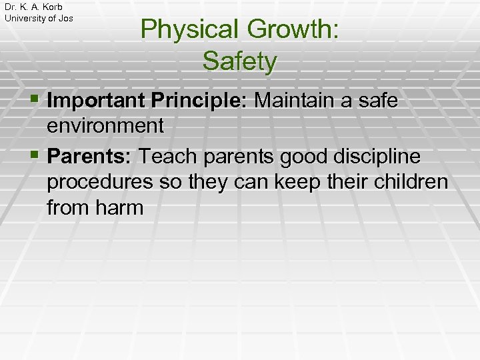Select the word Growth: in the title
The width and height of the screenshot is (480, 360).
point(292,30)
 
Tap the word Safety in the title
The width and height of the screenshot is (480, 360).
point(239,61)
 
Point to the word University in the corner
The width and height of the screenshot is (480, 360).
point(25,18)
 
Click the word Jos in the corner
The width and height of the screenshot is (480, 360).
point(66,18)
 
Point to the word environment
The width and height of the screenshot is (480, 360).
point(105,125)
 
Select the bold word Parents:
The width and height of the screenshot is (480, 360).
point(89,157)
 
